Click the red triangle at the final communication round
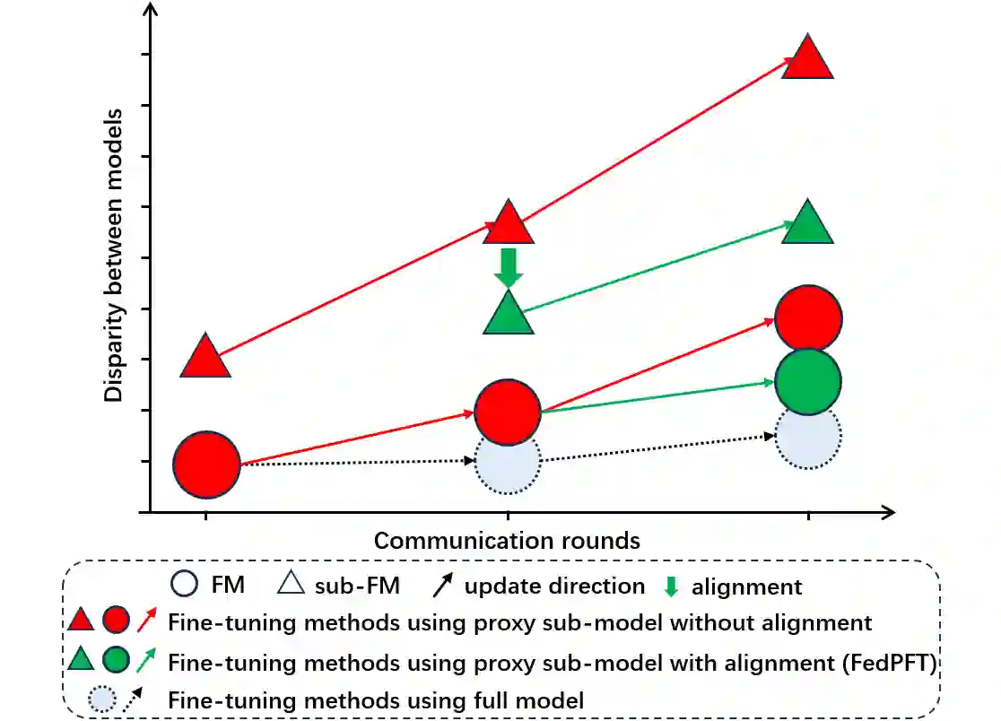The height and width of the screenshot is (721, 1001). pyautogui.click(x=808, y=60)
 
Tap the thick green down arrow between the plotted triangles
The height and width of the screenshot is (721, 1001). pyautogui.click(x=509, y=267)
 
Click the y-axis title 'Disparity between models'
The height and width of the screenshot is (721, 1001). pyautogui.click(x=114, y=256)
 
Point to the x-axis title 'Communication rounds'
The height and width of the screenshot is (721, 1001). pyautogui.click(x=507, y=541)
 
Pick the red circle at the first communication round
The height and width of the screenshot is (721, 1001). pyautogui.click(x=206, y=464)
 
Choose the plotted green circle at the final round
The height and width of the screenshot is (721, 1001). pyautogui.click(x=808, y=382)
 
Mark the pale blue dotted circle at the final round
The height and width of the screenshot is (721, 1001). pyautogui.click(x=808, y=437)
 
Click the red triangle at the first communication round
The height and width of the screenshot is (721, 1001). pyautogui.click(x=206, y=357)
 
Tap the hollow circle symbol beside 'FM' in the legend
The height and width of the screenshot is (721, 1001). pyautogui.click(x=184, y=586)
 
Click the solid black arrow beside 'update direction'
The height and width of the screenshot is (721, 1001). pyautogui.click(x=442, y=586)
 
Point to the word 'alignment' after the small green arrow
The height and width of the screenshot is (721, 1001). pyautogui.click(x=746, y=587)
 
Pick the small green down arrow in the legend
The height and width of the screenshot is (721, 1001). pyautogui.click(x=669, y=587)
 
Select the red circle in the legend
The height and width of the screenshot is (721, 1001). pyautogui.click(x=116, y=621)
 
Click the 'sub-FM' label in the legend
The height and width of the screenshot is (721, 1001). pyautogui.click(x=357, y=586)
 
